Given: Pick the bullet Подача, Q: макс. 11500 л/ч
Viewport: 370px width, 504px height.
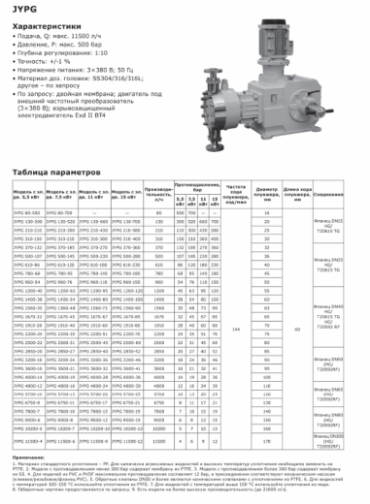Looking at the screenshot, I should tap(63, 36).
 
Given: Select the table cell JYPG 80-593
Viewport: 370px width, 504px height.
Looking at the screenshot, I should tap(27, 211).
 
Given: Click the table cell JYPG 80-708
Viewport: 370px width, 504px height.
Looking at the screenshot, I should tap(59, 211).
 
